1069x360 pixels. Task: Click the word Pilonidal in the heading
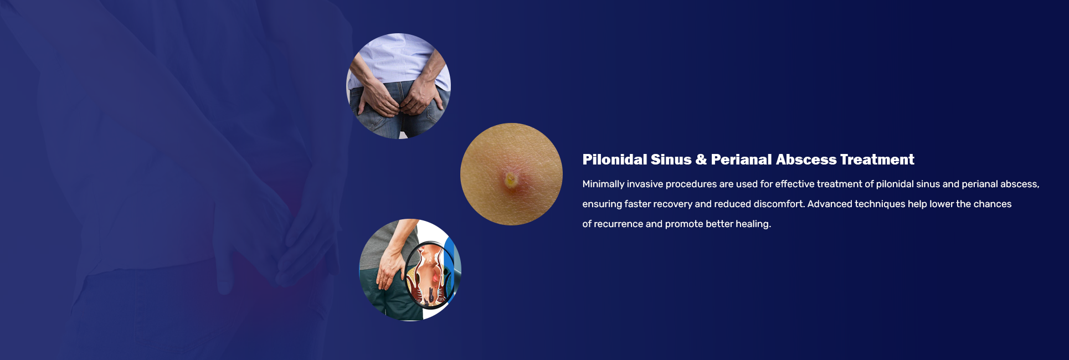coord(614,160)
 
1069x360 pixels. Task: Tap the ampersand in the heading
coord(701,160)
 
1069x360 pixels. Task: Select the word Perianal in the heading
coord(741,160)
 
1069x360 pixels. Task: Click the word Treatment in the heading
coord(877,160)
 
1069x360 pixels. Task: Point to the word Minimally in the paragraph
coord(603,184)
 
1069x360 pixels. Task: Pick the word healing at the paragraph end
coord(753,224)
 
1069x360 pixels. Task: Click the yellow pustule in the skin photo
coord(510,179)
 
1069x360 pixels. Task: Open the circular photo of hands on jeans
coord(398,86)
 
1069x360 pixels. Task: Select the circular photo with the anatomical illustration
coord(410,270)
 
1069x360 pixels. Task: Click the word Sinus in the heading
coord(671,160)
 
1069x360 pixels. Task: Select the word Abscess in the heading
coord(806,160)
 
